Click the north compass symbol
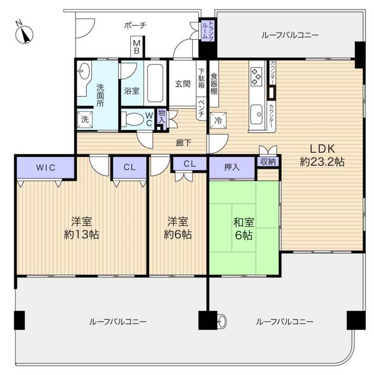tap(24, 34)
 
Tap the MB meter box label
tap(136, 47)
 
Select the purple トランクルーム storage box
tap(208, 31)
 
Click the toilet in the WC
tap(132, 119)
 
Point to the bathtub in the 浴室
tap(155, 83)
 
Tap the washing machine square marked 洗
tap(85, 119)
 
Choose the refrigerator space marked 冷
tap(218, 120)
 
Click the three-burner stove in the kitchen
tap(257, 77)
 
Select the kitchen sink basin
tap(257, 114)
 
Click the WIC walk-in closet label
tap(46, 168)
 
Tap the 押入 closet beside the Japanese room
tap(232, 168)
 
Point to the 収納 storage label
tap(268, 162)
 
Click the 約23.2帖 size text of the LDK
tap(322, 162)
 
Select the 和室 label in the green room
tap(244, 222)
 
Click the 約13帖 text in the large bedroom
tap(81, 234)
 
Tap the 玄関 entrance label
tap(183, 84)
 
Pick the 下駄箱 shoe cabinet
tap(201, 78)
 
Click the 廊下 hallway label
tap(184, 143)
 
